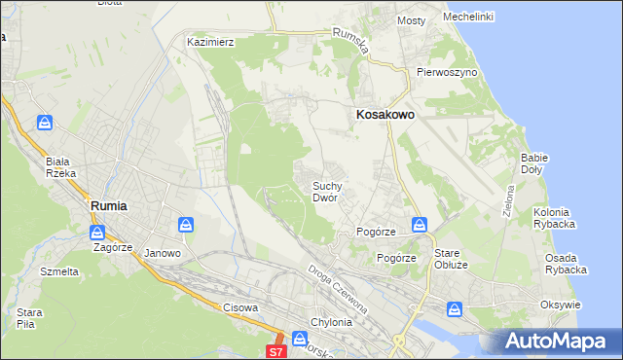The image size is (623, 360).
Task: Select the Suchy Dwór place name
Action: (x=325, y=191)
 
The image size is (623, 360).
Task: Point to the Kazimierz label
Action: (x=211, y=43)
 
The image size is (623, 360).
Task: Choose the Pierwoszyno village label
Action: (x=446, y=72)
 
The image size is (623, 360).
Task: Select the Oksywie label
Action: (x=560, y=305)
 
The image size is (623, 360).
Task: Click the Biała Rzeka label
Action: (x=59, y=167)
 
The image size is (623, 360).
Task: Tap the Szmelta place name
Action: (x=59, y=271)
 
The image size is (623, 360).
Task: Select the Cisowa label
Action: (x=240, y=307)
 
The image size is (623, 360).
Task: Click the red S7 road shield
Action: (x=276, y=351)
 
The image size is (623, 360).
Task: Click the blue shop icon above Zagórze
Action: (x=97, y=233)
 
